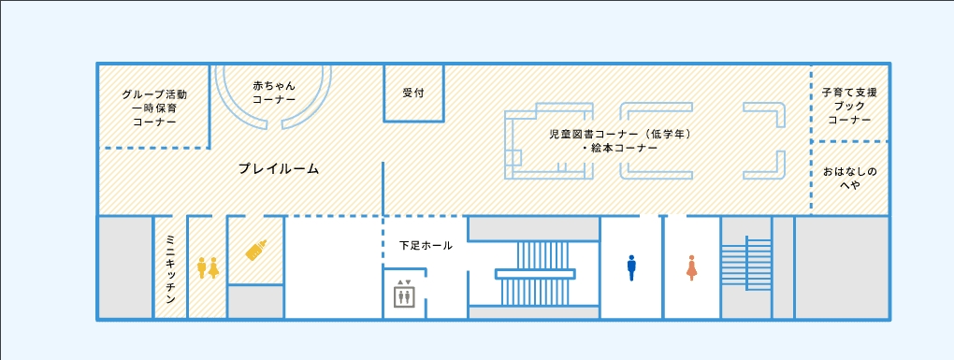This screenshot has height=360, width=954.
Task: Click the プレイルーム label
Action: [279, 169]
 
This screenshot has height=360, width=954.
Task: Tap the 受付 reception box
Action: [413, 94]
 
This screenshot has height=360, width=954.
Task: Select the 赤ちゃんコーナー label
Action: [274, 93]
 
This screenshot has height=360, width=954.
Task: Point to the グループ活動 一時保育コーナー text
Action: [154, 108]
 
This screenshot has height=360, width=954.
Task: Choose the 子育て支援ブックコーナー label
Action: [850, 107]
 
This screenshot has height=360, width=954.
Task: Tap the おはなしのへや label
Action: [850, 179]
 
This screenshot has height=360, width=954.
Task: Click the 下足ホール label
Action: [426, 246]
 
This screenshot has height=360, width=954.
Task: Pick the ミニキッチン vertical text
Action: [170, 270]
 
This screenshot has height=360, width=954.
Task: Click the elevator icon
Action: [404, 295]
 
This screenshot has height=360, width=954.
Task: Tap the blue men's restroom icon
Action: [631, 267]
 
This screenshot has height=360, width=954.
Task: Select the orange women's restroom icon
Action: [691, 267]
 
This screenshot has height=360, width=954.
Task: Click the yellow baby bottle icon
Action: [256, 250]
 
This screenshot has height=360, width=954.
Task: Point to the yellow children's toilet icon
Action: [208, 267]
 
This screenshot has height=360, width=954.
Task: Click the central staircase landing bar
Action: [535, 274]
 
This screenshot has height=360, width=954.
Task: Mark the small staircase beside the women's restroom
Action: [746, 264]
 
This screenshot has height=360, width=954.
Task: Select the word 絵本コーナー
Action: [623, 148]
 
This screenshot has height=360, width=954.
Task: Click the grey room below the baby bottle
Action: [256, 302]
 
